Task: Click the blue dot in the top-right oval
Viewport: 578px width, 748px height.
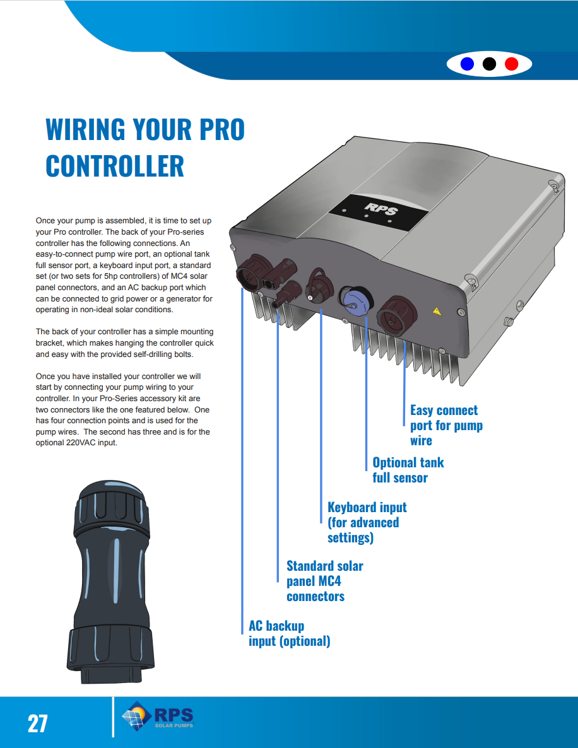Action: coord(468,64)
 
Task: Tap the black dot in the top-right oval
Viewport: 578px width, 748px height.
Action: coord(489,64)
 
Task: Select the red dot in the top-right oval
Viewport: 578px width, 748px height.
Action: coord(511,64)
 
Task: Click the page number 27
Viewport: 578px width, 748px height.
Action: coord(37,723)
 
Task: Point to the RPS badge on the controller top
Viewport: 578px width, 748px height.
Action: coord(377,209)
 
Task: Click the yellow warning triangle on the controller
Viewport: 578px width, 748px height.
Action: coord(435,310)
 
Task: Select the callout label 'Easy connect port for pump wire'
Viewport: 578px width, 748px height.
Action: coord(446,425)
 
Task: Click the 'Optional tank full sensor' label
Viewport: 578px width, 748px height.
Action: coord(408,470)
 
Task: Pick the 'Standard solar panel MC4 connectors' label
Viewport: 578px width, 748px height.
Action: coord(324,581)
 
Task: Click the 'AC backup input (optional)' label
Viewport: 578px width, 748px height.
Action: coord(289,633)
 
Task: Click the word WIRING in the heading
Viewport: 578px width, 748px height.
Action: coord(85,129)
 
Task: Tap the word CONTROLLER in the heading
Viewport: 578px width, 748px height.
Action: coord(115,166)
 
